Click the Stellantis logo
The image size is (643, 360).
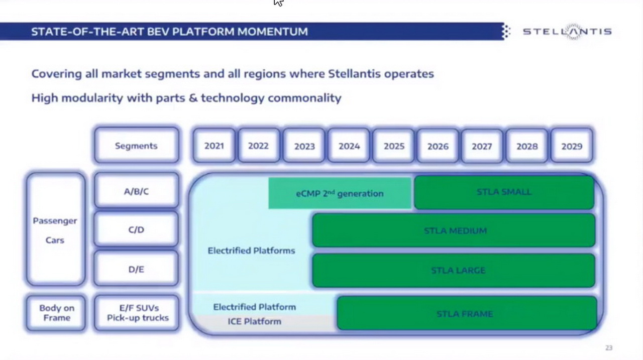point(567,32)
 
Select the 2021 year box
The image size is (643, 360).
point(214,146)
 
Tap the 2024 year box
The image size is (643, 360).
point(349,146)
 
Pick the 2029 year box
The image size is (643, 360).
point(572,146)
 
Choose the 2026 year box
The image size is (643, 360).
point(438,146)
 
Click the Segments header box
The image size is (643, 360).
point(136,146)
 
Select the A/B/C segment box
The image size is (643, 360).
point(136,191)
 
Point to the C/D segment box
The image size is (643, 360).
point(136,230)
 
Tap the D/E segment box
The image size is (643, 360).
point(136,270)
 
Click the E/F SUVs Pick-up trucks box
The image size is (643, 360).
point(137,313)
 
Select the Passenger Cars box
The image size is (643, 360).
point(55,230)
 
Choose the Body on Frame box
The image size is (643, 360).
point(56,313)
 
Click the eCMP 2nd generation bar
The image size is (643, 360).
point(340,193)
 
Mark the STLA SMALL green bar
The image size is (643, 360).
point(503,192)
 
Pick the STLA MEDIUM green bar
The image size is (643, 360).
point(455,230)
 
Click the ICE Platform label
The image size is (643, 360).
point(254,321)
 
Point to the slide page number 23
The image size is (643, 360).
point(609,347)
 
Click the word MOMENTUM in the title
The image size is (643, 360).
point(272,32)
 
